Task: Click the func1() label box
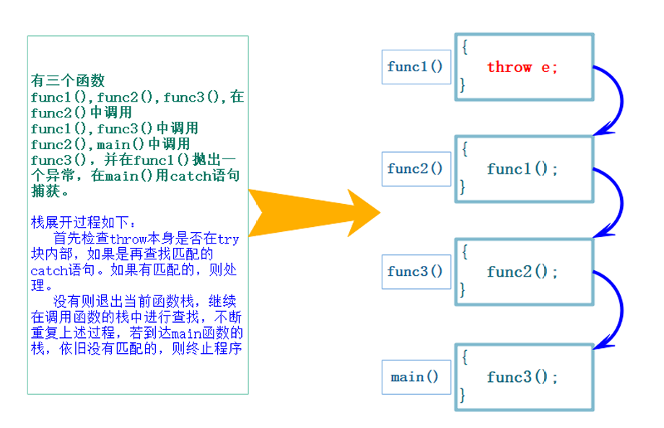[415, 67]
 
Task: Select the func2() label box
[415, 169]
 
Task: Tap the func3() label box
[415, 272]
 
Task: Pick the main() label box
[415, 377]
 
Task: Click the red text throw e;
[522, 67]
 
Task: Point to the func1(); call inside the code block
[523, 169]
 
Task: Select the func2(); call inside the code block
[523, 272]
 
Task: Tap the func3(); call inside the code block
[523, 377]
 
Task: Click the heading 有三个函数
[68, 80]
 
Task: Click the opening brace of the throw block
[465, 47]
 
